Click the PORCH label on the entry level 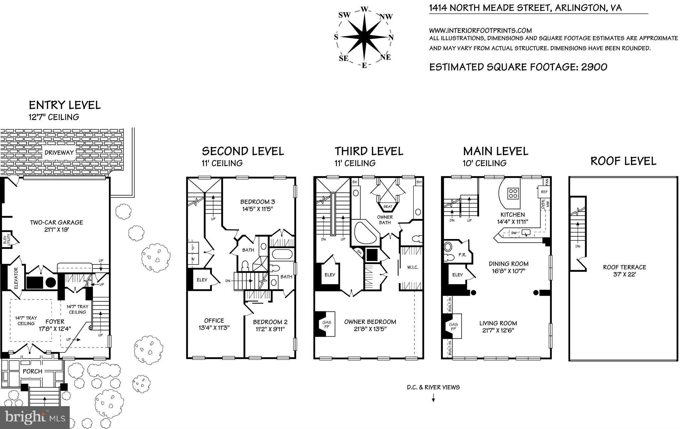pyautogui.click(x=33, y=371)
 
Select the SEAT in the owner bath pyautogui.click(x=388, y=207)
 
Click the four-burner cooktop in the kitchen pyautogui.click(x=513, y=193)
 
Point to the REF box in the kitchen pyautogui.click(x=544, y=192)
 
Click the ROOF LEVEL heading pyautogui.click(x=623, y=161)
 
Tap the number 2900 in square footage pyautogui.click(x=594, y=67)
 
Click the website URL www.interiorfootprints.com pyautogui.click(x=480, y=31)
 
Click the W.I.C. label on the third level pyautogui.click(x=412, y=267)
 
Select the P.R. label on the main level pyautogui.click(x=462, y=255)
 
